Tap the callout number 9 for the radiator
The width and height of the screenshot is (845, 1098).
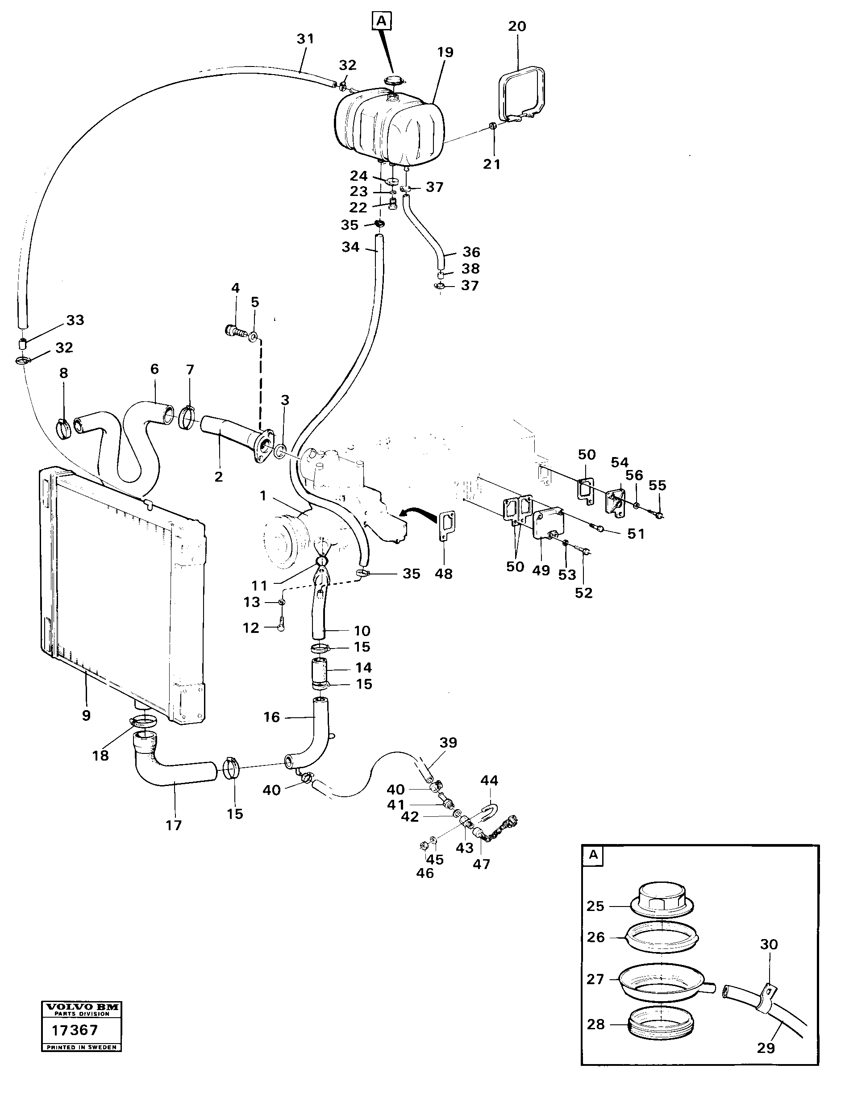[86, 715]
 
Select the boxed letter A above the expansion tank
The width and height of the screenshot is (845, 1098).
[382, 21]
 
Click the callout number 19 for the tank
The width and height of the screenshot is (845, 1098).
[445, 52]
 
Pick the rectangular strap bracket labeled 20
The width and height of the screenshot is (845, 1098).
[523, 93]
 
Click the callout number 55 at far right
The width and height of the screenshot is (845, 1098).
[657, 485]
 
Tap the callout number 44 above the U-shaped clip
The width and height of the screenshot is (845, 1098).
[489, 780]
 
